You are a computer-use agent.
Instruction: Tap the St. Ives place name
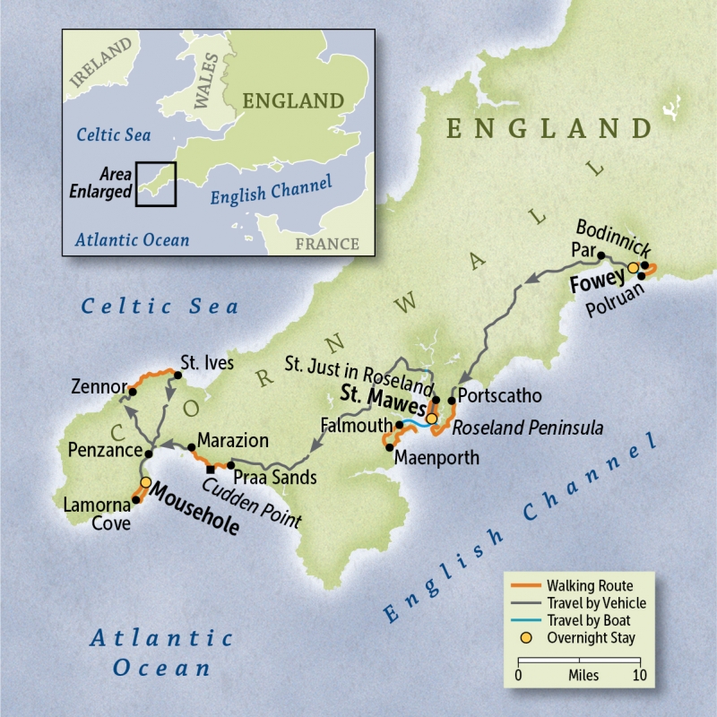point(207,363)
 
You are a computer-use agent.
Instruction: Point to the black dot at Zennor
point(131,390)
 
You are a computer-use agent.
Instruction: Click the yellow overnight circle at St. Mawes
point(431,419)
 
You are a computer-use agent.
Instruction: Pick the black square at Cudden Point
point(211,469)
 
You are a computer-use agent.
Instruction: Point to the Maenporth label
point(435,458)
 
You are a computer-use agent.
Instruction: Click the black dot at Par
point(600,255)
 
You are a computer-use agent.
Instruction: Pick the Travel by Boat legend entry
point(592,620)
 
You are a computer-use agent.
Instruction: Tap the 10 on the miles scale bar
point(638,675)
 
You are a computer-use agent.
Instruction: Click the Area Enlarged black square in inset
point(156,184)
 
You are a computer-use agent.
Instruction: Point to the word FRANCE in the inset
point(327,244)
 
